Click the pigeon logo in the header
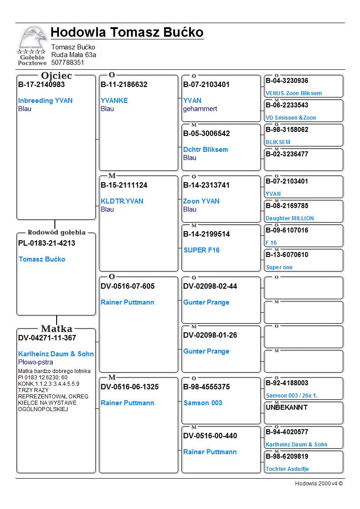[x=32, y=45]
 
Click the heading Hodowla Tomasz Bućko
[x=127, y=33]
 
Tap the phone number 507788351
[x=68, y=63]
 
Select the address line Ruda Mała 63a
[x=73, y=55]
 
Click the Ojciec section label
[x=56, y=76]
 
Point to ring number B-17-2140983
[x=41, y=84]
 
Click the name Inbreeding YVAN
[x=45, y=101]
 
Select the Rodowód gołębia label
[x=57, y=233]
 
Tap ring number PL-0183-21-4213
[x=47, y=243]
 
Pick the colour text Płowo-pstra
[x=35, y=362]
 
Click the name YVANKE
[x=114, y=101]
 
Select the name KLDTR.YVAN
[x=122, y=201]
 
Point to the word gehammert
[x=200, y=109]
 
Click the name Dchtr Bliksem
[x=205, y=150]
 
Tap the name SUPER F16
[x=201, y=250]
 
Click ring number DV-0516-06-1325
[x=130, y=387]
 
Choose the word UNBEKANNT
[x=287, y=407]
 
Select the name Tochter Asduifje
[x=287, y=469]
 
